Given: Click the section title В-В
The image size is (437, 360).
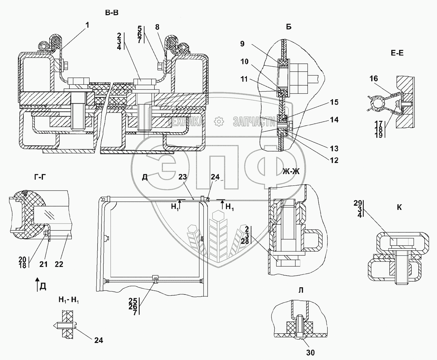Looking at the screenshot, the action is click(x=112, y=13).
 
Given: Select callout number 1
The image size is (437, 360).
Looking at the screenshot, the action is click(x=87, y=25).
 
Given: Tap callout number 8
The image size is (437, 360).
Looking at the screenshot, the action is click(x=157, y=27).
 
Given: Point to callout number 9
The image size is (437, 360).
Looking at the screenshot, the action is click(x=242, y=44).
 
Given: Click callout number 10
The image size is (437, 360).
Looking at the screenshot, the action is click(x=244, y=62).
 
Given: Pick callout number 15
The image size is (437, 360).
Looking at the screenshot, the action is click(x=334, y=102).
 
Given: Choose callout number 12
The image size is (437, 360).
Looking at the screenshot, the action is click(x=334, y=160).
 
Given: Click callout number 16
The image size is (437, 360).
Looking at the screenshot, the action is click(x=374, y=78).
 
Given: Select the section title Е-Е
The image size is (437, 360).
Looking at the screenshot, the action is click(x=397, y=53).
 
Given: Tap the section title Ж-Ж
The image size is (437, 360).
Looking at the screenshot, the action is click(x=291, y=171).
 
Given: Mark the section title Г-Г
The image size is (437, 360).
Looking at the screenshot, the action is click(x=40, y=177).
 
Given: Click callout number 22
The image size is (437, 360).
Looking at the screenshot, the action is click(x=59, y=264).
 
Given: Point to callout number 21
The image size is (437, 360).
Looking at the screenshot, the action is click(x=44, y=264).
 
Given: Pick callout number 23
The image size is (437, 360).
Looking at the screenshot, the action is click(x=183, y=177).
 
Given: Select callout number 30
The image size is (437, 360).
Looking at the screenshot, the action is click(x=310, y=352).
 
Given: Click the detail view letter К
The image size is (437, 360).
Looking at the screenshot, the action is click(x=399, y=207).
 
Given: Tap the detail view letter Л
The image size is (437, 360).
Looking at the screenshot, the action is click(x=301, y=290).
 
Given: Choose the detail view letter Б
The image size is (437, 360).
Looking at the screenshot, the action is click(x=289, y=27).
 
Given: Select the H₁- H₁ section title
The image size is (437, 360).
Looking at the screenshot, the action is click(x=68, y=300).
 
